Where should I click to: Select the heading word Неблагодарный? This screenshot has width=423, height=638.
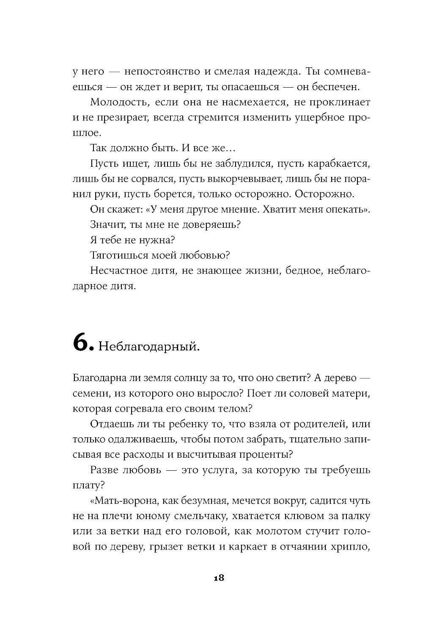(x=148, y=348)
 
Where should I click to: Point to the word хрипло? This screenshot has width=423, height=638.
(x=351, y=547)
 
